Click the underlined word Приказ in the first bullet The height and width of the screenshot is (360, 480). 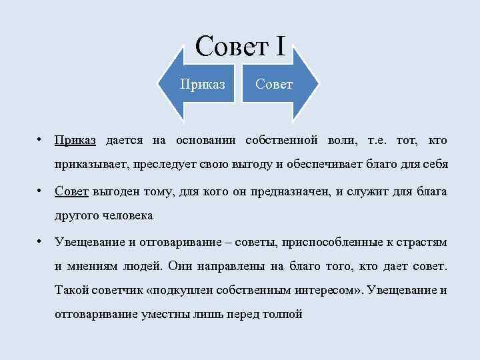[75, 141]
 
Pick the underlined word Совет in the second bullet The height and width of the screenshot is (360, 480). [71, 192]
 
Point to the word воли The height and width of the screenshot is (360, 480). [342, 141]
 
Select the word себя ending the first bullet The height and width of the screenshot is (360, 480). [433, 164]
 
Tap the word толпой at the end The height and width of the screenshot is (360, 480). [283, 314]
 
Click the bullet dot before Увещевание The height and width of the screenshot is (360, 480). [41, 241]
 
